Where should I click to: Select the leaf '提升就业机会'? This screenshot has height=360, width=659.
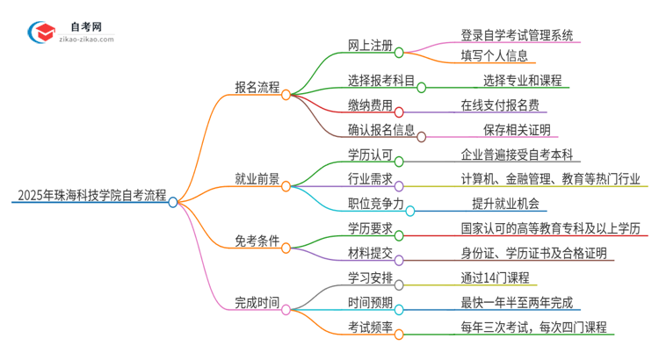tap(504, 204)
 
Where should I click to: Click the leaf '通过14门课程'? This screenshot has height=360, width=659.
tap(493, 277)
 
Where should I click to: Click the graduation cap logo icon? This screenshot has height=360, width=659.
tap(41, 32)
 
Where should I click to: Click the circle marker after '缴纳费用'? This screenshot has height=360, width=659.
tap(398, 112)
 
